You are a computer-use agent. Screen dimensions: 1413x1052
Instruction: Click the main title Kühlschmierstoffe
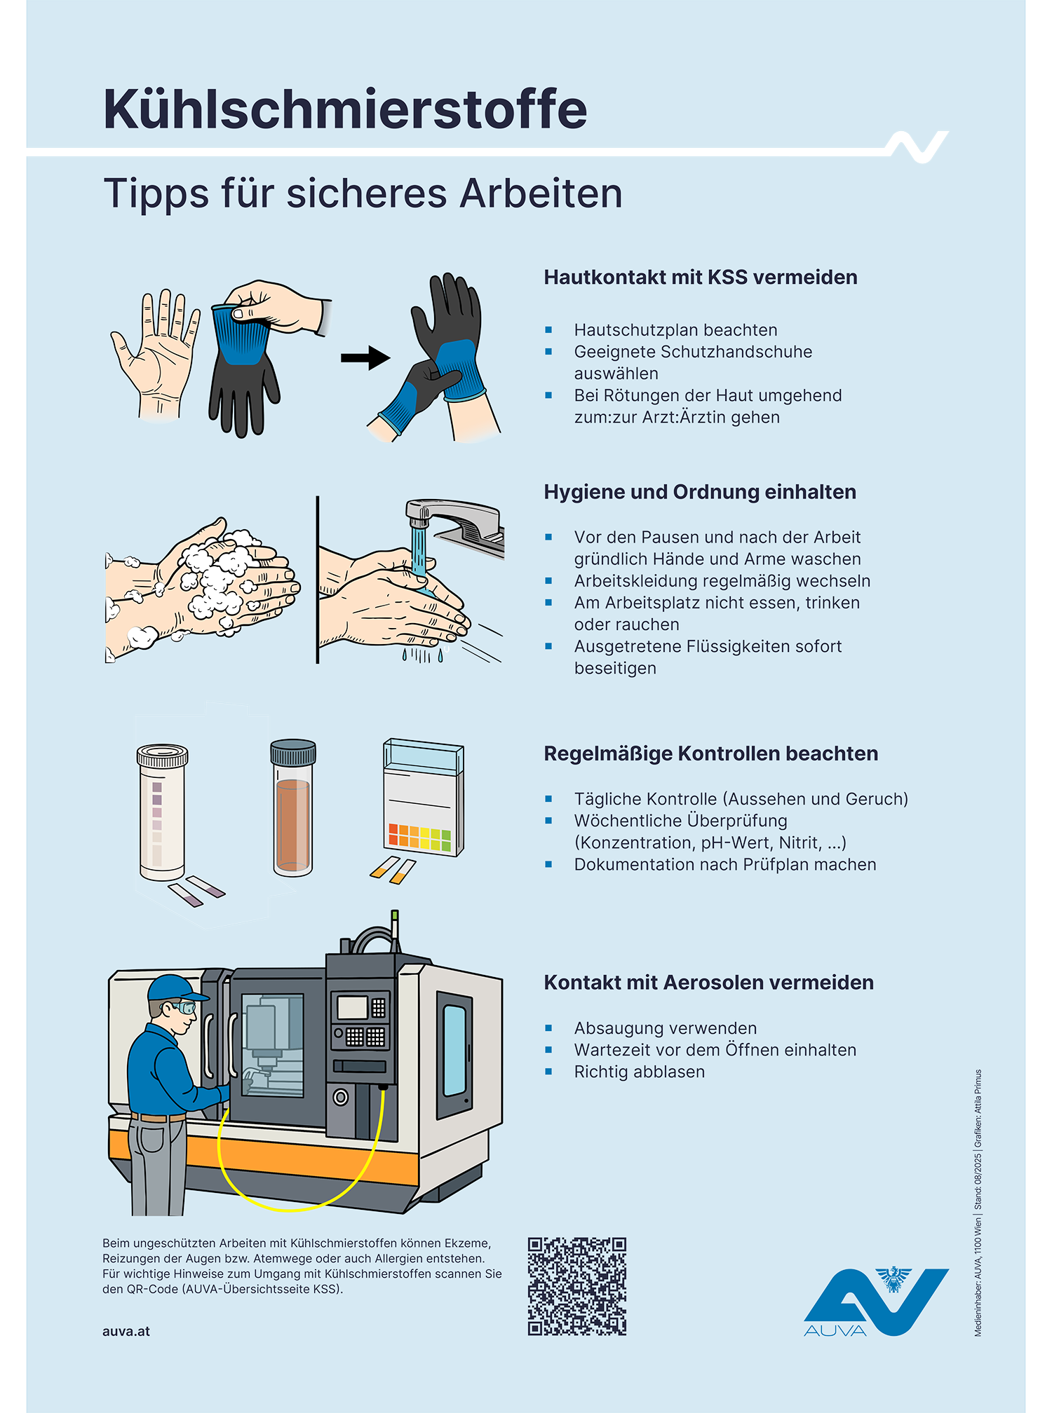[x=345, y=110]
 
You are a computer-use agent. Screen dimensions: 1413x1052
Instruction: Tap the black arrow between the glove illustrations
[x=365, y=357]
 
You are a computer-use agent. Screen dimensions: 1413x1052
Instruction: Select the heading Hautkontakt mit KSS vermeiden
[x=700, y=278]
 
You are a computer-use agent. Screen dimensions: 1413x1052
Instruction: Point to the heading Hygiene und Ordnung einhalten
[x=699, y=492]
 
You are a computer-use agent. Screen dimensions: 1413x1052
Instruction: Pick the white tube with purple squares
[x=162, y=813]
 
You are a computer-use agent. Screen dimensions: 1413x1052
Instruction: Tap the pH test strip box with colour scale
[x=423, y=799]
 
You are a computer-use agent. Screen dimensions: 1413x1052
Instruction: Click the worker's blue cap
[x=175, y=988]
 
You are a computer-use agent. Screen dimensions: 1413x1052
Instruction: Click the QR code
[x=576, y=1286]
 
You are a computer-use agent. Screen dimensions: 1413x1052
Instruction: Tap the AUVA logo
[x=876, y=1302]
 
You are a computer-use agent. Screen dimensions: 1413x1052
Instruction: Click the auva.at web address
[x=126, y=1332]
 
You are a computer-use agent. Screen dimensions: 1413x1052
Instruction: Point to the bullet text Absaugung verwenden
[x=665, y=1028]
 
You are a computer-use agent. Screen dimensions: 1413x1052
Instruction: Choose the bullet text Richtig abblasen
[x=639, y=1072]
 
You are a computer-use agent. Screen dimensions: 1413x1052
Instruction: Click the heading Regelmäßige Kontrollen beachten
[x=710, y=754]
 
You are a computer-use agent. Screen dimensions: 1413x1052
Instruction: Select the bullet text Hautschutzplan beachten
[x=675, y=330]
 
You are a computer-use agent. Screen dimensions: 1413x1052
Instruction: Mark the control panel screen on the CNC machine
[x=353, y=1007]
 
